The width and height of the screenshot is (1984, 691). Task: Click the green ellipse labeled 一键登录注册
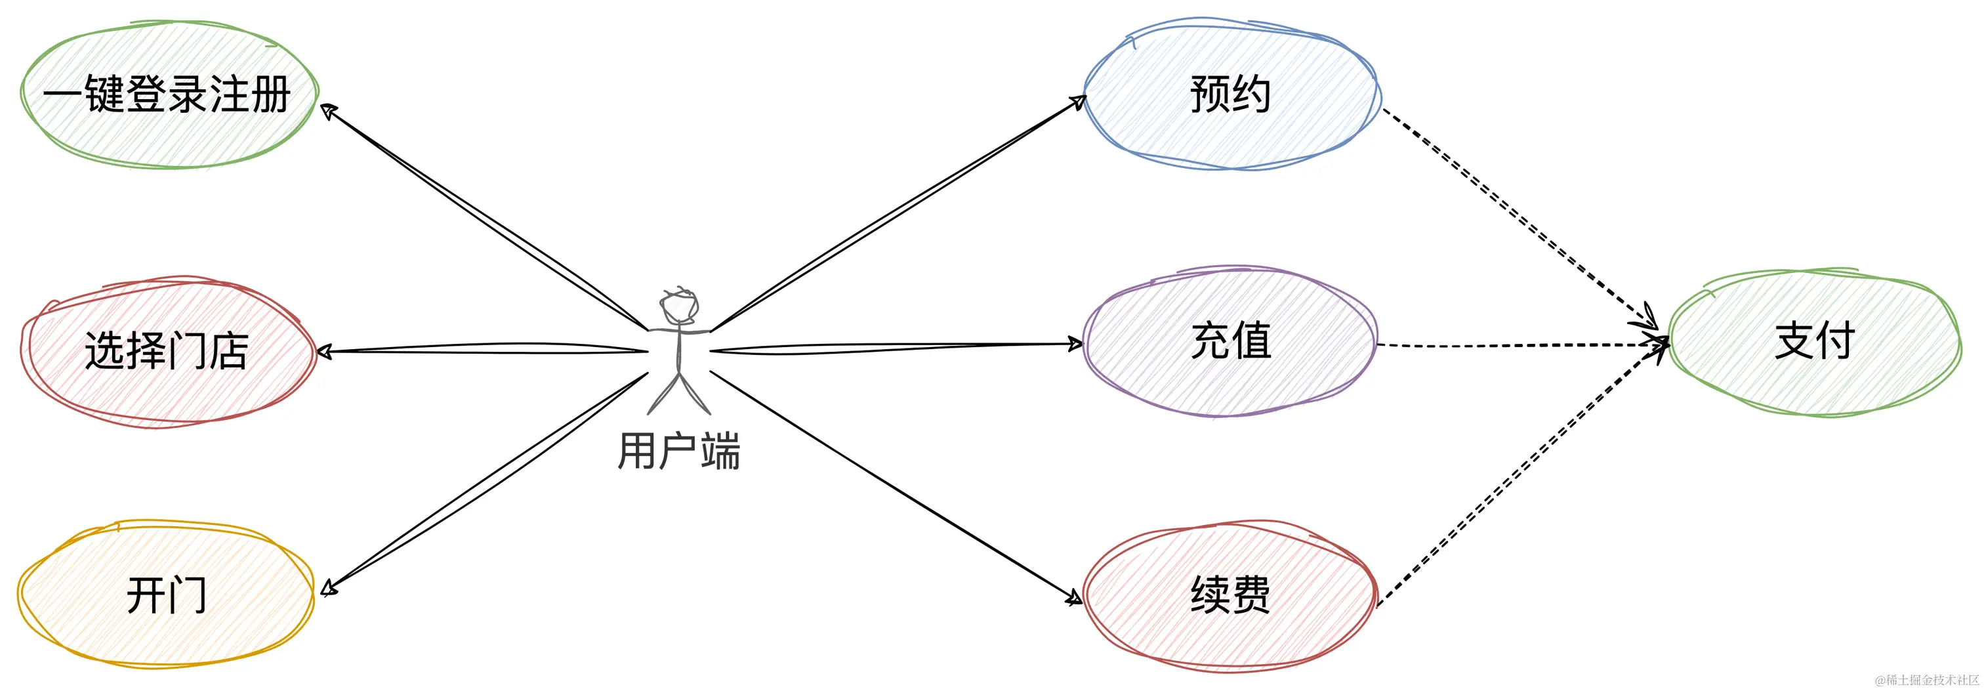click(x=168, y=94)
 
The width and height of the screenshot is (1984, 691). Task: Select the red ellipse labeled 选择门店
click(x=168, y=351)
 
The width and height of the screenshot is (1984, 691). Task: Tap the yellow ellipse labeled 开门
click(x=167, y=595)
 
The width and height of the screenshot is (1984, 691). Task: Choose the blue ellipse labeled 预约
click(x=1231, y=94)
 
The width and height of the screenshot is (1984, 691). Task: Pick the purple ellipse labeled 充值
click(x=1231, y=341)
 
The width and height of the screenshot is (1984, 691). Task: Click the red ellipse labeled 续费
click(x=1231, y=595)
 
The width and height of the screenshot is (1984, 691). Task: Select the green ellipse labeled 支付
click(x=1815, y=341)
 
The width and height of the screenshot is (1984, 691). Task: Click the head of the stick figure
click(x=679, y=306)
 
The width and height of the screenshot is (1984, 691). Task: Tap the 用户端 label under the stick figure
click(x=679, y=451)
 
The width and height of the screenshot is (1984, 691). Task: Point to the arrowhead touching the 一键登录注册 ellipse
click(x=328, y=112)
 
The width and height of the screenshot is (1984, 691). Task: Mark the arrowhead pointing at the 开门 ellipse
click(x=329, y=589)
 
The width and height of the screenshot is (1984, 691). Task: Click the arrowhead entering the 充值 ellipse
click(x=1075, y=345)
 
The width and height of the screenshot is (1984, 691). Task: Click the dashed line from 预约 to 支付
click(x=1518, y=216)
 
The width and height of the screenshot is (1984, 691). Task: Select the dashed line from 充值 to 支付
click(x=1518, y=346)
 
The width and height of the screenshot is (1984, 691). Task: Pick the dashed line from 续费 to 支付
click(x=1518, y=474)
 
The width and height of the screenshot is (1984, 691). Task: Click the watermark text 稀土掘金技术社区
click(x=1927, y=679)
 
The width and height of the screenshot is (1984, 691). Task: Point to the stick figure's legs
click(x=679, y=393)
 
